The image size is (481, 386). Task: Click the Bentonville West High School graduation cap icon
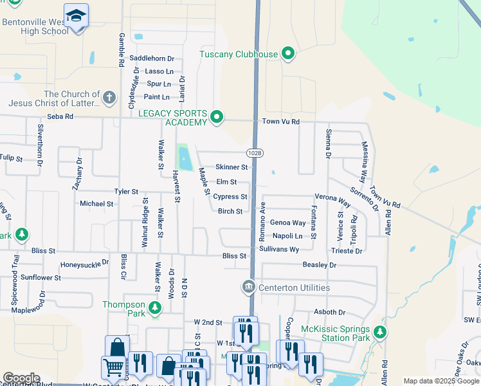pyautogui.click(x=77, y=16)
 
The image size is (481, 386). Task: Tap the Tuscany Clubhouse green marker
pyautogui.click(x=288, y=54)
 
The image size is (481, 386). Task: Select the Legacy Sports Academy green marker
pyautogui.click(x=217, y=117)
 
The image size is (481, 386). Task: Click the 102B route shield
pyautogui.click(x=254, y=152)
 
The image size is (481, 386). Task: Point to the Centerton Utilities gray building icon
pyautogui.click(x=248, y=286)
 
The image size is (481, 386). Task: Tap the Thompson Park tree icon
pyautogui.click(x=154, y=308)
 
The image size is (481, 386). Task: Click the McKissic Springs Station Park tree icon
pyautogui.click(x=381, y=332)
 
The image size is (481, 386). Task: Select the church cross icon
pyautogui.click(x=109, y=98)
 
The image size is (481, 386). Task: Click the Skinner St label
pyautogui.click(x=231, y=167)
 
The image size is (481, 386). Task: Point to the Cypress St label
pyautogui.click(x=230, y=197)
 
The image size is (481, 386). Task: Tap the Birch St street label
pyautogui.click(x=230, y=211)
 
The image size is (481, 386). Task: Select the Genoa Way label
pyautogui.click(x=287, y=223)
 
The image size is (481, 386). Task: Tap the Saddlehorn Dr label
pyautogui.click(x=152, y=58)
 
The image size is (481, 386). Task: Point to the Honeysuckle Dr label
pyautogui.click(x=85, y=264)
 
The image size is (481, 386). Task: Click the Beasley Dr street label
pyautogui.click(x=320, y=264)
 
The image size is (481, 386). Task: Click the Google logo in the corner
pyautogui.click(x=21, y=378)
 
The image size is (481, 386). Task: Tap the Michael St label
pyautogui.click(x=96, y=203)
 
